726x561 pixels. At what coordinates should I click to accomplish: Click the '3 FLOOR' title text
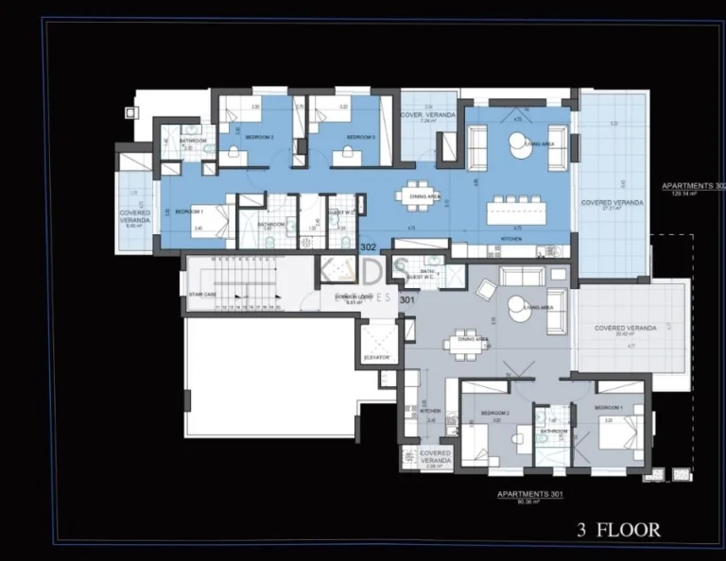pyautogui.click(x=619, y=530)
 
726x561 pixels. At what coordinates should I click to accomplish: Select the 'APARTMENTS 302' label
pyautogui.click(x=693, y=187)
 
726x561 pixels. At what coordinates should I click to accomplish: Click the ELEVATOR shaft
pyautogui.click(x=377, y=345)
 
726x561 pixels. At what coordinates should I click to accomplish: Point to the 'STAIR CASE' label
pyautogui.click(x=202, y=295)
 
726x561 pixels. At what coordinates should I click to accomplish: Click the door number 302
pyautogui.click(x=369, y=247)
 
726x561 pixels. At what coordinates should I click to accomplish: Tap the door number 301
pyautogui.click(x=407, y=300)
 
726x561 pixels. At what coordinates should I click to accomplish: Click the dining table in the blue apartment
pyautogui.click(x=419, y=195)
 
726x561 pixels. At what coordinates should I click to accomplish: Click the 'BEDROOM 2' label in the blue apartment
pyautogui.click(x=259, y=137)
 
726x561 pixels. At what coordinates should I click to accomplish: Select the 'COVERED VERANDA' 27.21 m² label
pyautogui.click(x=612, y=202)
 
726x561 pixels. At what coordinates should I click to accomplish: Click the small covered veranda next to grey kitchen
pyautogui.click(x=435, y=457)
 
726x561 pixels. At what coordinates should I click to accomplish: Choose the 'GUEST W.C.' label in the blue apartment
pyautogui.click(x=342, y=212)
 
